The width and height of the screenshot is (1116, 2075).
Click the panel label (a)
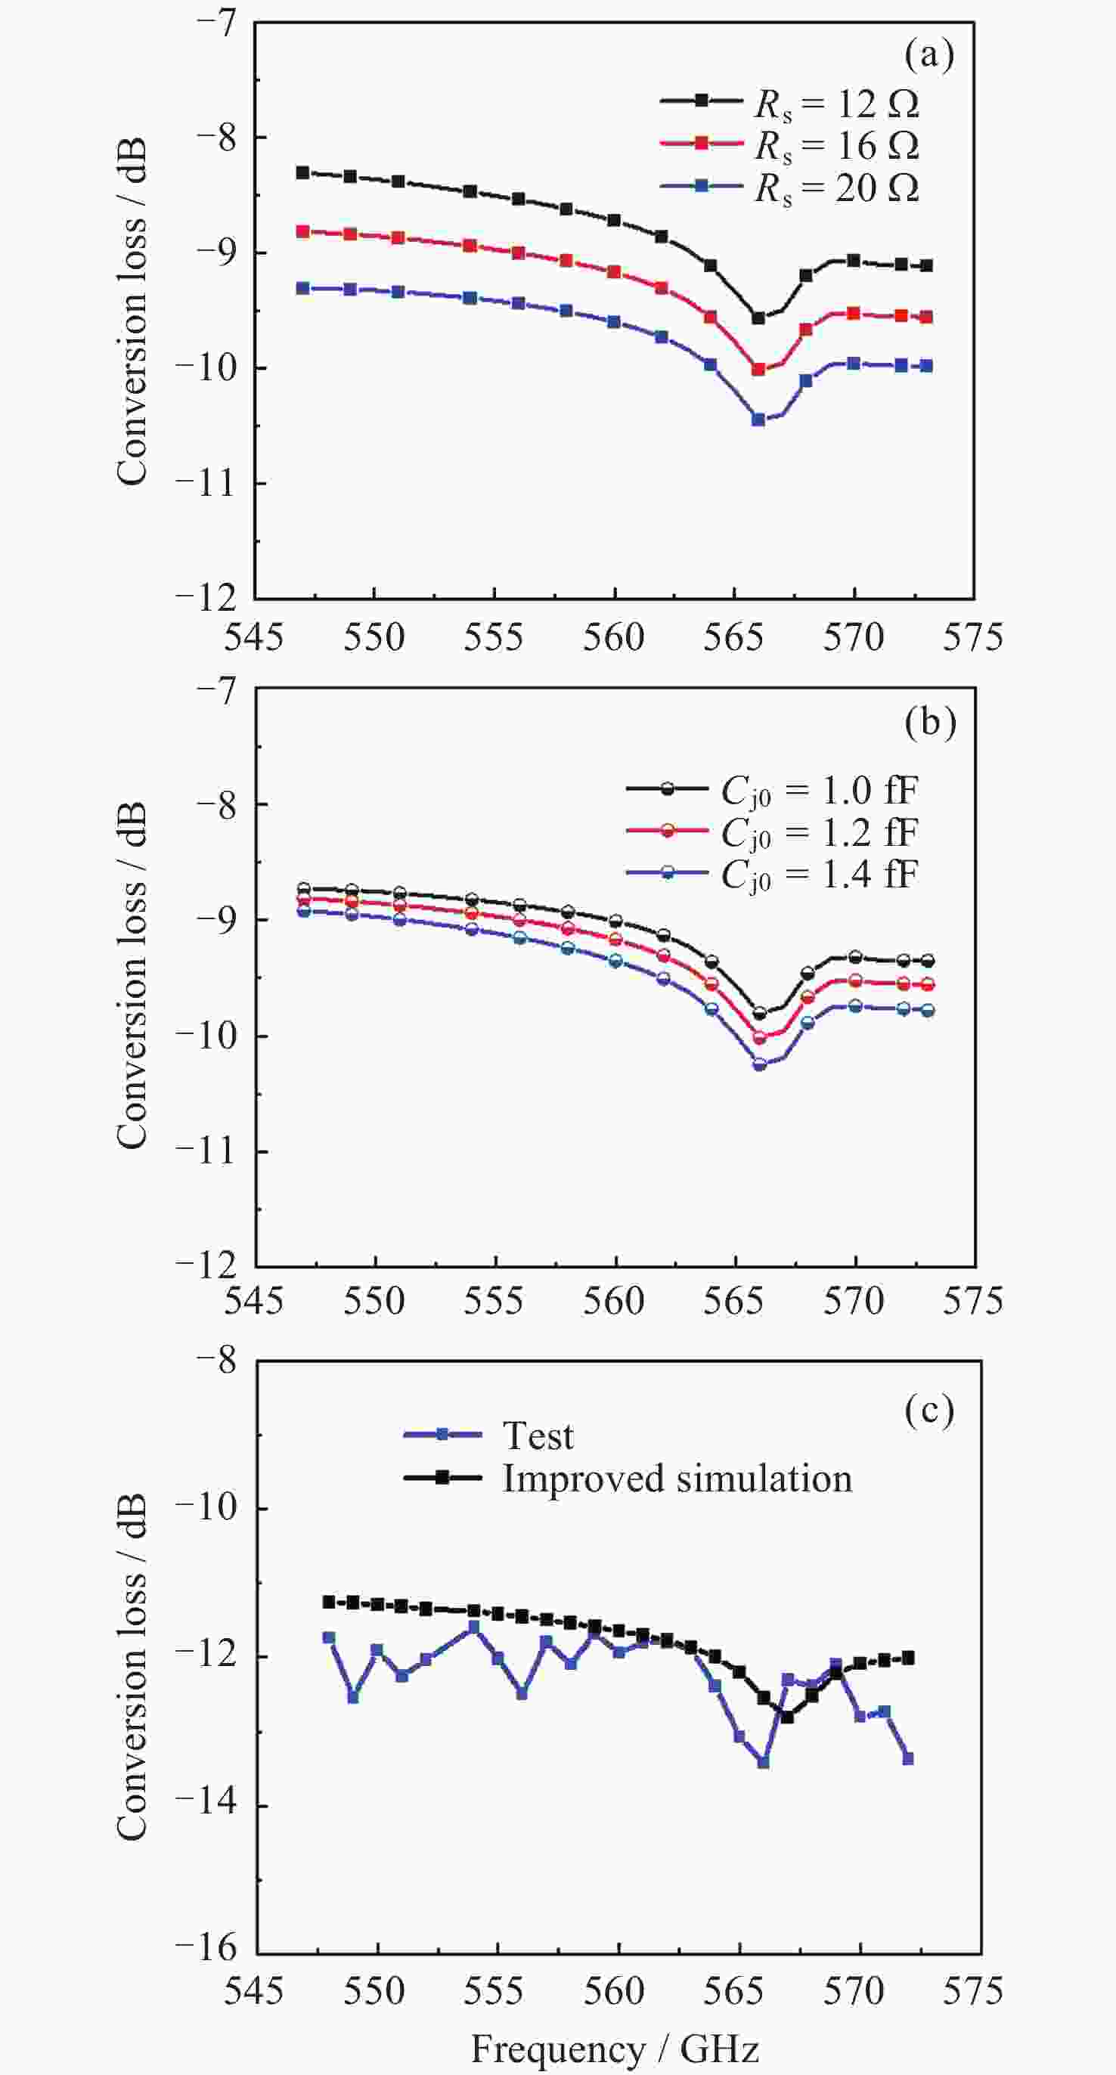click(x=929, y=56)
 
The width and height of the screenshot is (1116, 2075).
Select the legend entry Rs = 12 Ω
click(x=836, y=103)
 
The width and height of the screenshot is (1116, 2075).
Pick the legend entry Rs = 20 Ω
click(x=836, y=187)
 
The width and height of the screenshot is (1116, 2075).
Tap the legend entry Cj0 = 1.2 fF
click(x=820, y=833)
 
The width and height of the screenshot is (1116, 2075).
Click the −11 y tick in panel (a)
click(x=206, y=483)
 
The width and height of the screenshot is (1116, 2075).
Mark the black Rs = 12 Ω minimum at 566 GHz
click(x=758, y=318)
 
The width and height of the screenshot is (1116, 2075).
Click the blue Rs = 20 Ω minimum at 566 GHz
click(x=758, y=420)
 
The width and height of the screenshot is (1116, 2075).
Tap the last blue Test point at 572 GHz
click(x=908, y=1758)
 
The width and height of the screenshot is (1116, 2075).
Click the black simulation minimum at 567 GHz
click(x=787, y=1717)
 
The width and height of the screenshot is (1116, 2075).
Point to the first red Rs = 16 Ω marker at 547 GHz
click(x=303, y=232)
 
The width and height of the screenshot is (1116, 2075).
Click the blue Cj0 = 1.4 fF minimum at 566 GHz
click(x=759, y=1064)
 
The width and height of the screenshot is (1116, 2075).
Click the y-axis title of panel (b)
click(x=132, y=974)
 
